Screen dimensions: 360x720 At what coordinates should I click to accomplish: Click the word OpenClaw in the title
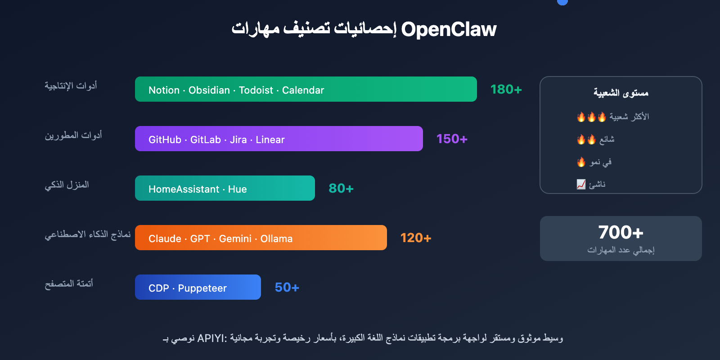point(449,30)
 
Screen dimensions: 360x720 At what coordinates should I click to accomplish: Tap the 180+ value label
point(506,90)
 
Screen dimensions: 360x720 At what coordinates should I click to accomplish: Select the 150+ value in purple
point(452,139)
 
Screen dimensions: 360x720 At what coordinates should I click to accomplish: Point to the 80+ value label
point(341,189)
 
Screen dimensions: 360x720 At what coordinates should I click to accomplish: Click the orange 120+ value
point(416,238)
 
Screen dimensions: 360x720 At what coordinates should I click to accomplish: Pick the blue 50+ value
point(287,288)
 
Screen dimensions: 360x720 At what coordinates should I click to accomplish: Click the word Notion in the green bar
point(164,90)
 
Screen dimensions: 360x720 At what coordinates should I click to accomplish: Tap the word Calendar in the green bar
point(303,90)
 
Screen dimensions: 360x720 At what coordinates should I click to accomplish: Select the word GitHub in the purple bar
point(165,139)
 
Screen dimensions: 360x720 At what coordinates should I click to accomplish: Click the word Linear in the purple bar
point(270,139)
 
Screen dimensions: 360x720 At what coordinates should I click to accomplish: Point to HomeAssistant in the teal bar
point(184,189)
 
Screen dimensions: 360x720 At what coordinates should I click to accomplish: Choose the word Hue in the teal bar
point(237,189)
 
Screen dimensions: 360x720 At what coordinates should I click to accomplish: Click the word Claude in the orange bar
point(165,238)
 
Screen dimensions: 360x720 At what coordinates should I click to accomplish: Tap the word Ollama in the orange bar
point(276,238)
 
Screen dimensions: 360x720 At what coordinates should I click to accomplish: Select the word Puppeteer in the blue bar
point(202,288)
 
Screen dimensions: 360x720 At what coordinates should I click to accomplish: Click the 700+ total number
point(621,232)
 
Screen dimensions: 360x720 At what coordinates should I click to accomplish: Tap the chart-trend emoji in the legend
point(581,184)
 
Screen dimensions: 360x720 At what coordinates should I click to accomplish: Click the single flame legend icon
point(581,162)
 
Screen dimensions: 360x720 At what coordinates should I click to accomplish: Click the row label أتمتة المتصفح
point(69,283)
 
